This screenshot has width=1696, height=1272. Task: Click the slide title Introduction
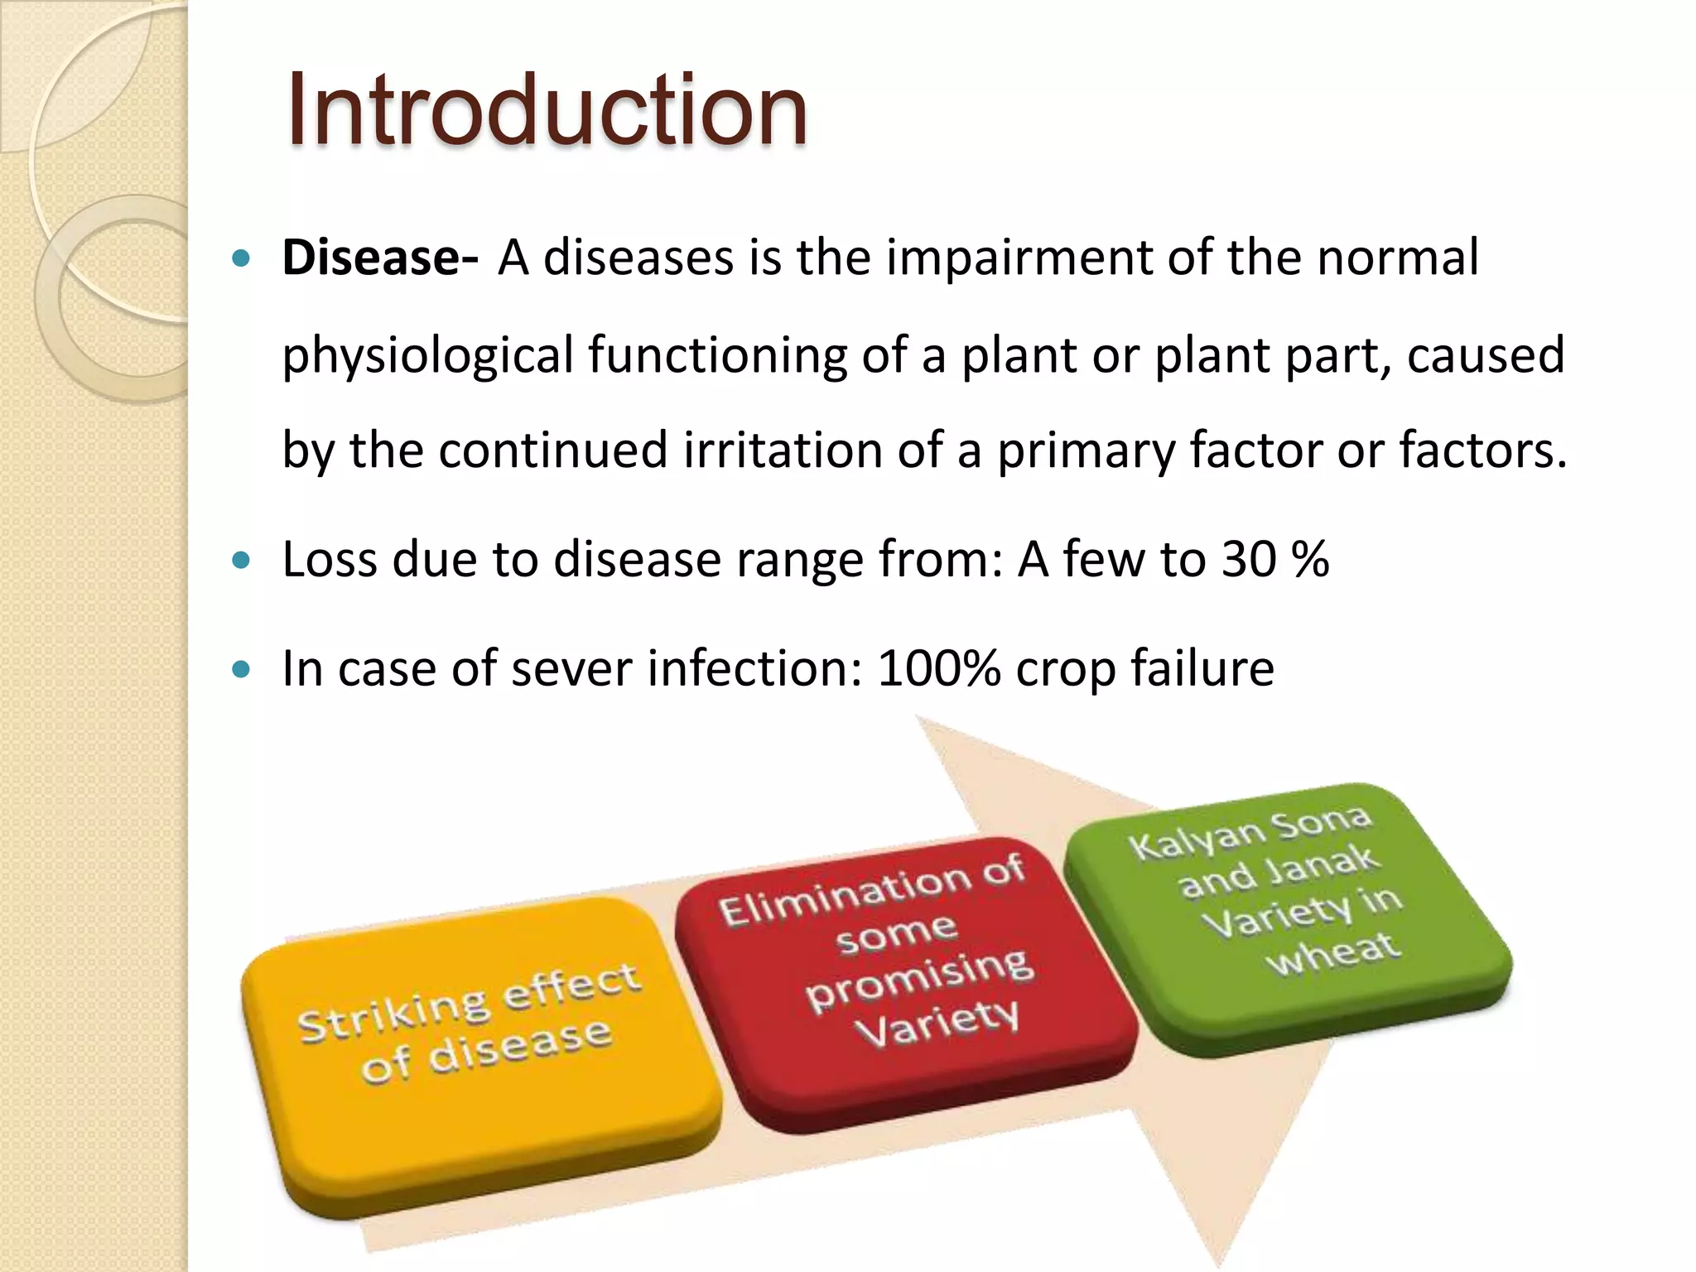click(x=546, y=110)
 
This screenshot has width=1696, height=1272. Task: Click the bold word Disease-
click(x=379, y=258)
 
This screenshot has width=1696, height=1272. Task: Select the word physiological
click(x=427, y=356)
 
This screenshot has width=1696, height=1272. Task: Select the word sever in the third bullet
click(x=571, y=669)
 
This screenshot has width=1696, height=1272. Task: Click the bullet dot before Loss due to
click(x=241, y=561)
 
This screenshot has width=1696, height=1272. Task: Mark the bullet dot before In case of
click(x=241, y=669)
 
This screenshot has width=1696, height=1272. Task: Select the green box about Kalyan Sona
click(x=1284, y=911)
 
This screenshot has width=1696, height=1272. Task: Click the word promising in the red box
click(x=919, y=977)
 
